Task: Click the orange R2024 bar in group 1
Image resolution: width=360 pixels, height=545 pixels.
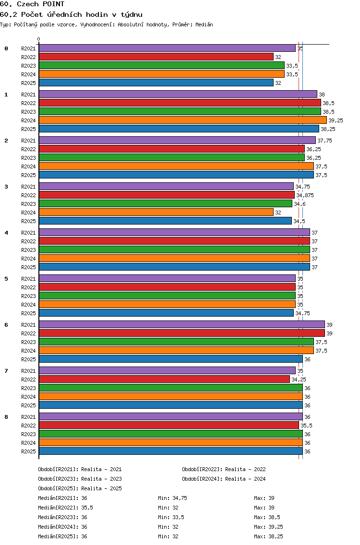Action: (x=183, y=120)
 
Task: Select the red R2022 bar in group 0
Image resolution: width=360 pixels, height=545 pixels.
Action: (x=156, y=57)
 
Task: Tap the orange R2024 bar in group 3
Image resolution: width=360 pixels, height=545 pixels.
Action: (x=156, y=213)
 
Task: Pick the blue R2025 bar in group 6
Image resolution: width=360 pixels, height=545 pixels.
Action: (x=171, y=359)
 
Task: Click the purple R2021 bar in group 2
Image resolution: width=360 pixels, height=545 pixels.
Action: (x=178, y=141)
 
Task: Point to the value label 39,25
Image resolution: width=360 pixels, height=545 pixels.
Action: (x=336, y=120)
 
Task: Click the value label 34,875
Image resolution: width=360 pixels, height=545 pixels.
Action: (x=305, y=195)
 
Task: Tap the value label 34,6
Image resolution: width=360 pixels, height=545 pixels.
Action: (x=300, y=204)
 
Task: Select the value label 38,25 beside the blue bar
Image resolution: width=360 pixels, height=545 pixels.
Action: (x=328, y=130)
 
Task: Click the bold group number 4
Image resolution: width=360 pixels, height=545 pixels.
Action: (x=6, y=233)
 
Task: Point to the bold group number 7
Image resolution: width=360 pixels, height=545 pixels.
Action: (x=6, y=371)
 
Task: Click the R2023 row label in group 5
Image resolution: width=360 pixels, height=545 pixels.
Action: (x=28, y=296)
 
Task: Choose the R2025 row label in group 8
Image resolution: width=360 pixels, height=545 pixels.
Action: (x=28, y=451)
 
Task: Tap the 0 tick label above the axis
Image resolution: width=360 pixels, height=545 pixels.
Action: (x=38, y=39)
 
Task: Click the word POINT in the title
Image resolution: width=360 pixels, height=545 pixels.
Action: (x=54, y=4)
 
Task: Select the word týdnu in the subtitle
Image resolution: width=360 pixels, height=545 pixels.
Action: (x=132, y=14)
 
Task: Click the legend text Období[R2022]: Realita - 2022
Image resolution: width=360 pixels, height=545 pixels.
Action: (x=224, y=469)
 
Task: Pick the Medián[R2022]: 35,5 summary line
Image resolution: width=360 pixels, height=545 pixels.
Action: (x=65, y=508)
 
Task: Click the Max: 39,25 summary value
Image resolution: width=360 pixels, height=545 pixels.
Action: (x=268, y=527)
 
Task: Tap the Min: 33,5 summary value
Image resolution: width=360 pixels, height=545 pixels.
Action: (x=171, y=517)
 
